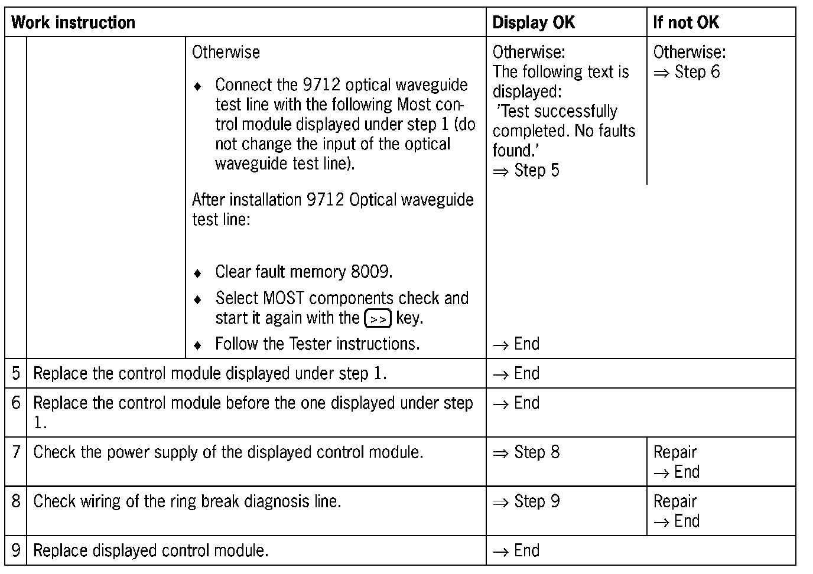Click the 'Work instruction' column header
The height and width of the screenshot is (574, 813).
(73, 22)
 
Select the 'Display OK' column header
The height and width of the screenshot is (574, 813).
(533, 22)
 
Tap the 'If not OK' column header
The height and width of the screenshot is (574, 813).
(685, 22)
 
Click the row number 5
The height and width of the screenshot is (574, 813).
(15, 373)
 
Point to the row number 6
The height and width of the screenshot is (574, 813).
(15, 403)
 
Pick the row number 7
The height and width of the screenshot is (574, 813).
(15, 452)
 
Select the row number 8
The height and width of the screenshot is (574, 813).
(15, 501)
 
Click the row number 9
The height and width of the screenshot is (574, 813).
(15, 550)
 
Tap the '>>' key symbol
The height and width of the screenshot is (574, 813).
(378, 319)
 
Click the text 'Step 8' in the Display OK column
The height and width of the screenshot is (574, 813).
(536, 452)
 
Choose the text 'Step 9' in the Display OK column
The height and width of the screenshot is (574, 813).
(536, 501)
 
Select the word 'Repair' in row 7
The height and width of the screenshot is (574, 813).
(675, 452)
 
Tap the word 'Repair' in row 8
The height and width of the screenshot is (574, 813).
(675, 501)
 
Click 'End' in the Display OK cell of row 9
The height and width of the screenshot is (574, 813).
(526, 550)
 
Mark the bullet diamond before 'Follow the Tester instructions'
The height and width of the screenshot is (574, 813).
(198, 344)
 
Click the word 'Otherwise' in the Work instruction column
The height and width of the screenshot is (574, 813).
(226, 52)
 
